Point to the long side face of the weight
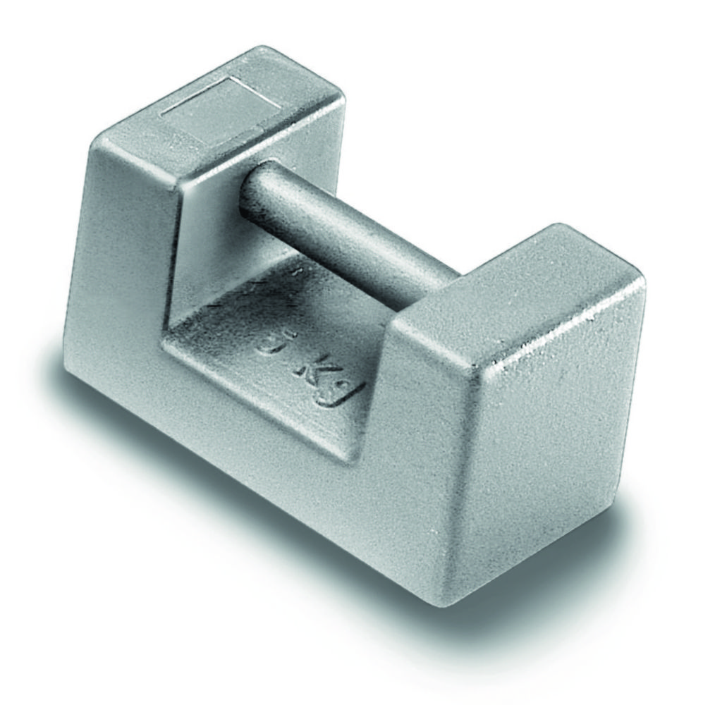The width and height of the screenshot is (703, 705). [x=233, y=423]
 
